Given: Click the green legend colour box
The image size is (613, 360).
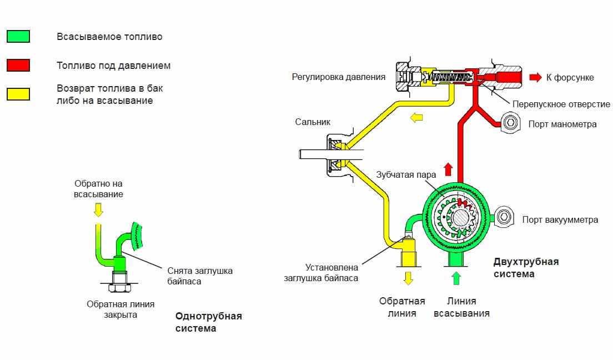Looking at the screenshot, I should (18, 37).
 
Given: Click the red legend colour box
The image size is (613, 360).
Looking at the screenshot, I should (18, 66).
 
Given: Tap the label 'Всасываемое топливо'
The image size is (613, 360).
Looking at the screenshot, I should (109, 37).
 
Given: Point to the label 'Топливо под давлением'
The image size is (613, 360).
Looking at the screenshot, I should (113, 66).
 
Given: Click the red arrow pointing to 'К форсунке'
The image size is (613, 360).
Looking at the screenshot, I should (535, 77).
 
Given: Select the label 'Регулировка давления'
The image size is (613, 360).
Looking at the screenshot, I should (338, 77).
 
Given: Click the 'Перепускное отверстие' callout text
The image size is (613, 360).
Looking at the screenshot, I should (561, 104).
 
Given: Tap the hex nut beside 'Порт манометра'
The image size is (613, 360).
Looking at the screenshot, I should (510, 123).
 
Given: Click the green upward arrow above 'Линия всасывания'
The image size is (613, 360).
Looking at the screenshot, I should (456, 277).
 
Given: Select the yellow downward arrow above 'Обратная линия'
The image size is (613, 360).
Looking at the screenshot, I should (408, 278).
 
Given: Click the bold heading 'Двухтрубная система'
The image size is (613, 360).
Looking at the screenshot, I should (526, 267).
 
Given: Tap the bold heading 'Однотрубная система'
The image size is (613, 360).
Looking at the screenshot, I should (208, 322).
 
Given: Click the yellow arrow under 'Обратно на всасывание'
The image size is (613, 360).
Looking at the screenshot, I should (98, 209).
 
